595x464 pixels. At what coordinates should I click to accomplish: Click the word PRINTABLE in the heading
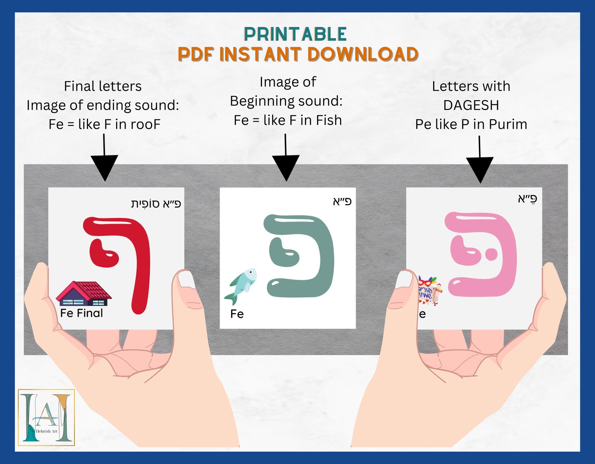[295, 34]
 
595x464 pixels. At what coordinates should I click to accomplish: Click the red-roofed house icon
[84, 294]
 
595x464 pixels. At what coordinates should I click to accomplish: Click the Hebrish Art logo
[46, 418]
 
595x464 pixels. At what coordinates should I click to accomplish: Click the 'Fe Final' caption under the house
[81, 313]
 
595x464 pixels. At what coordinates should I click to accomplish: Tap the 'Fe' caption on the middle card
[237, 314]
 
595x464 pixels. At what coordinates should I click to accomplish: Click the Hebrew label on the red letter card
[156, 204]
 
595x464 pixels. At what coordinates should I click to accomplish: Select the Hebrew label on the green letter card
[342, 202]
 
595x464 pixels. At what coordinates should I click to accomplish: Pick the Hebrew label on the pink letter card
[528, 199]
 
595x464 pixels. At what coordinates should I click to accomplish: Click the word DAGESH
[471, 105]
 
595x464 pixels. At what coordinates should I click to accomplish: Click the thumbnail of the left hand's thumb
[186, 279]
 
